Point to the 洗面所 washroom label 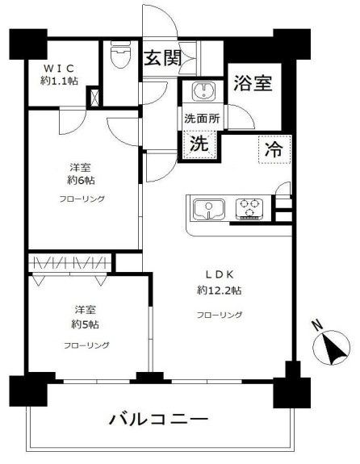(x=202, y=118)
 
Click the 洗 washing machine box (x=197, y=145)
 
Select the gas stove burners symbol (x=251, y=209)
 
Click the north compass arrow (x=333, y=352)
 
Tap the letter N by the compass (x=318, y=327)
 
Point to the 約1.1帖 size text (x=60, y=82)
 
